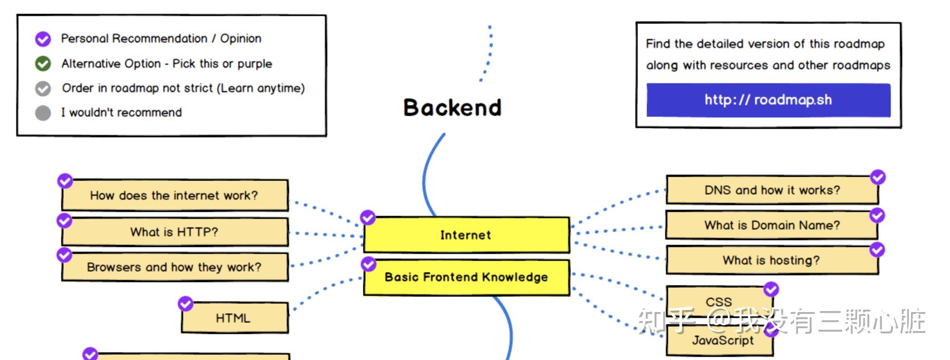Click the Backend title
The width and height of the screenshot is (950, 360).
tap(452, 107)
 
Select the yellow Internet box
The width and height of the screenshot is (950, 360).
tap(466, 235)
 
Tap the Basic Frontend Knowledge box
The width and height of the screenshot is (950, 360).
tap(466, 277)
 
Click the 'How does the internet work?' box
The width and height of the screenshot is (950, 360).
tap(175, 195)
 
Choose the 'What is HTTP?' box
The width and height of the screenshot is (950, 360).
tap(175, 232)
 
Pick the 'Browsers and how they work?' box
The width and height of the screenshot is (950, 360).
tap(175, 267)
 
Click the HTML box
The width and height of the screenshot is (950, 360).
tap(235, 318)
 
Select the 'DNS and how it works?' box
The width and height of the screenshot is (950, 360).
tap(772, 190)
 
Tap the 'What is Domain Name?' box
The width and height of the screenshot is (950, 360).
tap(772, 225)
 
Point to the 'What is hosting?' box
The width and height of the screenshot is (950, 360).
tap(772, 260)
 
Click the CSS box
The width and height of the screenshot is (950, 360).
tap(719, 302)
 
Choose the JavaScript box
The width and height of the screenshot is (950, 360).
tap(719, 340)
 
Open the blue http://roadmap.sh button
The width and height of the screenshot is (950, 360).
tap(768, 100)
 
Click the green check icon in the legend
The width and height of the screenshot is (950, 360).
tap(43, 64)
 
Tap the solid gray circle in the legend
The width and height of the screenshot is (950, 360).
tap(43, 113)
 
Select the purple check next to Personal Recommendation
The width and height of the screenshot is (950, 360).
tap(43, 39)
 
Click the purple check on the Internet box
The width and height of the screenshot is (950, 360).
tap(367, 218)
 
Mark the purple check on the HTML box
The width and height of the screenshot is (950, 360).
tap(185, 303)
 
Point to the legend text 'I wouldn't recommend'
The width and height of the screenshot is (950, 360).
tap(121, 113)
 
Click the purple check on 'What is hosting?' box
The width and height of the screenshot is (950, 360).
tap(877, 250)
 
